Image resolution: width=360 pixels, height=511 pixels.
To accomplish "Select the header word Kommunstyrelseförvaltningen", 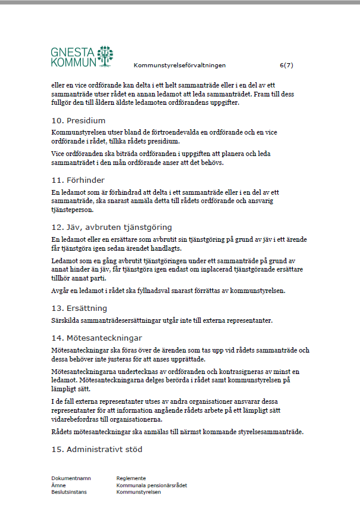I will click(x=180, y=65).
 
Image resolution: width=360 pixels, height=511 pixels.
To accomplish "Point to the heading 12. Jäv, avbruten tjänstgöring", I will click(x=111, y=227).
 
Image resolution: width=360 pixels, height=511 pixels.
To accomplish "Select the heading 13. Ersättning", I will click(x=79, y=308).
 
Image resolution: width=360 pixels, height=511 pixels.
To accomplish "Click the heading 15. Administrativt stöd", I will click(x=96, y=448).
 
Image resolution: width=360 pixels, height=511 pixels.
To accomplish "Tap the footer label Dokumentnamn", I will click(x=71, y=478).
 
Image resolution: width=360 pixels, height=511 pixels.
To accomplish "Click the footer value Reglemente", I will click(x=131, y=478).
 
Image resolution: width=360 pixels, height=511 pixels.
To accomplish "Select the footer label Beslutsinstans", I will click(x=69, y=493).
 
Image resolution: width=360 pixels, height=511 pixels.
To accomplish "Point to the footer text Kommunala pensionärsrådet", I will click(x=152, y=485).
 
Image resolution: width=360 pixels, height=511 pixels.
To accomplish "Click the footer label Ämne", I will click(x=58, y=485).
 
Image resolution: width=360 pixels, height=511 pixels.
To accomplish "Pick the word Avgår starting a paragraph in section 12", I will click(x=61, y=291).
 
